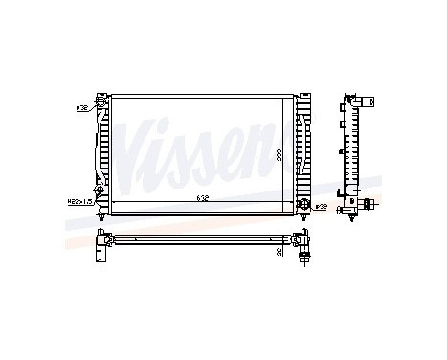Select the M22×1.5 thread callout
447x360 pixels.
point(78,201)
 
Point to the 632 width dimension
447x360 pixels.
point(202,198)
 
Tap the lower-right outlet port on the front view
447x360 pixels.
point(305,203)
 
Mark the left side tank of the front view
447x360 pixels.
point(103,151)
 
